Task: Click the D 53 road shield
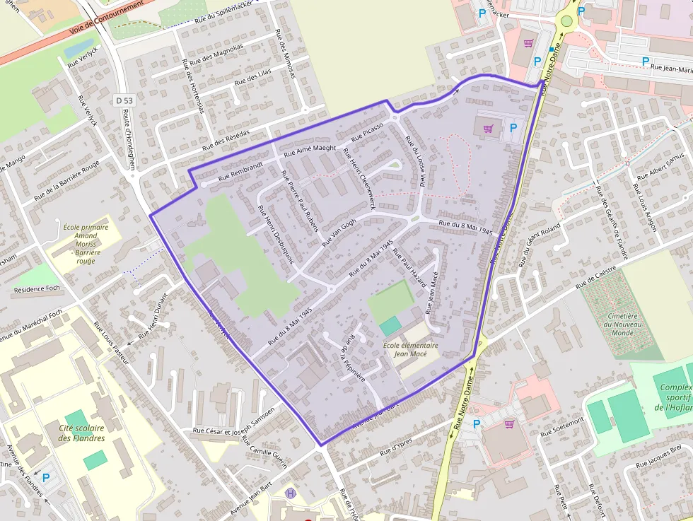124,101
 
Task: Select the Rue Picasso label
367,131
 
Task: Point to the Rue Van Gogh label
339,232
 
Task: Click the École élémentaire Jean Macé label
410,350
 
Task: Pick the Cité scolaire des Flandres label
81,433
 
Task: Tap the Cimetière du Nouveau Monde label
623,324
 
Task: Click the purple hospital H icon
289,493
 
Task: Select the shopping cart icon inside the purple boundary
487,129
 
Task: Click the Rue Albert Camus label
663,165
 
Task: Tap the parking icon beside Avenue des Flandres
46,478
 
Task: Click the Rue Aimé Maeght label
310,148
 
